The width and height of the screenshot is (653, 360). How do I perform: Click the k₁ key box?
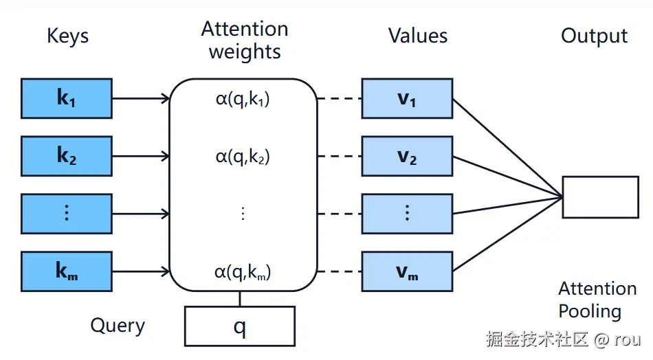coord(67,99)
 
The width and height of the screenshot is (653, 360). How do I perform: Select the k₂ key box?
coord(67,156)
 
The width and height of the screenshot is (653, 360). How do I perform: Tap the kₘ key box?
coord(67,271)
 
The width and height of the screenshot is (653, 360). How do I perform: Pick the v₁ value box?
coord(408,99)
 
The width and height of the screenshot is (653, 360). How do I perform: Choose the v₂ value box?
coord(408,156)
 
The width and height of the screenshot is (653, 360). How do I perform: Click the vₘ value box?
coord(408,271)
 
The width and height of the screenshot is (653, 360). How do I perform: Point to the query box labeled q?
coord(240,326)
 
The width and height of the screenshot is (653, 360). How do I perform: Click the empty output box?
coord(601,197)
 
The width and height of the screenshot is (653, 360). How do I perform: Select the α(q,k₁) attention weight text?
coord(243,99)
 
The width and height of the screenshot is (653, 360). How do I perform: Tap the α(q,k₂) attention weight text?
coord(243,157)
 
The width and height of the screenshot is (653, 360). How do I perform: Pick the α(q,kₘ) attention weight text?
coord(243,272)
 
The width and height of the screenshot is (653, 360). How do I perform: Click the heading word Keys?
coord(68,36)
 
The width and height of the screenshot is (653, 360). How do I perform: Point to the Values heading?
coord(418,36)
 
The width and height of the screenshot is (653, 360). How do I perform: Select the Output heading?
coord(595,36)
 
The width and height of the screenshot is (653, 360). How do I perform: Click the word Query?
coord(118,326)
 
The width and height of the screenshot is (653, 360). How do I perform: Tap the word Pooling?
coord(590,312)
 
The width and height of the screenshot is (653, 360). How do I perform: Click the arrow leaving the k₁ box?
coord(141,99)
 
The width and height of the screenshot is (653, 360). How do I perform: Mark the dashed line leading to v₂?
coord(340,156)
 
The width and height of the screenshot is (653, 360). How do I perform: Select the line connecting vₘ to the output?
coord(508,234)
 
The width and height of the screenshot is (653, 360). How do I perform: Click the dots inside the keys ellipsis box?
coord(67,213)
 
